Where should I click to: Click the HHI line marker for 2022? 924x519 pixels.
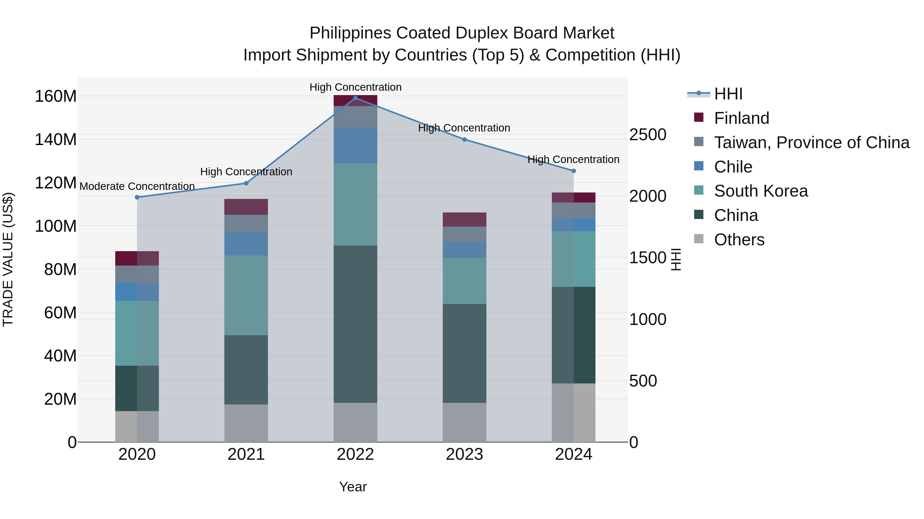click(355, 98)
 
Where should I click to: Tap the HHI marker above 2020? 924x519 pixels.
click(137, 197)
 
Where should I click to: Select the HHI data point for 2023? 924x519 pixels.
click(465, 140)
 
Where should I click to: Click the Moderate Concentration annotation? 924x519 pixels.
click(137, 186)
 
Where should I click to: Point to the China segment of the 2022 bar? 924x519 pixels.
click(355, 324)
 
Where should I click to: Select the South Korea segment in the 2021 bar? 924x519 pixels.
click(246, 295)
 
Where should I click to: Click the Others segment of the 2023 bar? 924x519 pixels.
click(465, 422)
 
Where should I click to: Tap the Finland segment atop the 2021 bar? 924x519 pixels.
click(246, 207)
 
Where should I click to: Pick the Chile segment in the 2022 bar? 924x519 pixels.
click(355, 145)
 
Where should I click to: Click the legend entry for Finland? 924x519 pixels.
click(742, 118)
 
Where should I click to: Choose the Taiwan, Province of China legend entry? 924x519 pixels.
click(811, 143)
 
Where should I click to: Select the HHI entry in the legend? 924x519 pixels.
click(728, 94)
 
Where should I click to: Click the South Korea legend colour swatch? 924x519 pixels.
click(699, 190)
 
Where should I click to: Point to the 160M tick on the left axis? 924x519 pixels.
click(56, 96)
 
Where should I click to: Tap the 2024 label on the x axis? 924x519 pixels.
click(574, 454)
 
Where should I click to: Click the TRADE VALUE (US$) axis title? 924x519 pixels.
click(8, 259)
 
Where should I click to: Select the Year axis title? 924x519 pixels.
click(353, 487)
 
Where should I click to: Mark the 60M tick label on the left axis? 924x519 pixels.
click(60, 313)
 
